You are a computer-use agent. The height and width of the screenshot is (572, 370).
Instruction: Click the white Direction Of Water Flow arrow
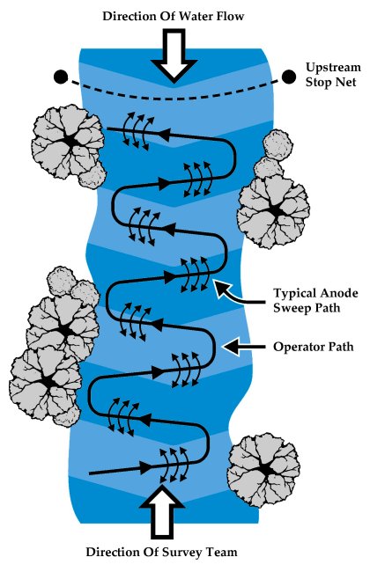(174, 55)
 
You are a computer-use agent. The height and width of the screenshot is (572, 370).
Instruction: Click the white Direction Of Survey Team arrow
(162, 510)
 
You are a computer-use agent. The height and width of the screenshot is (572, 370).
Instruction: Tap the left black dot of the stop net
(61, 77)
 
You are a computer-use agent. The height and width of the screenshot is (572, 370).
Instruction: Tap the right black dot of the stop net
(289, 77)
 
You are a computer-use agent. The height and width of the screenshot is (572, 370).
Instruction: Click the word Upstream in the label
(333, 68)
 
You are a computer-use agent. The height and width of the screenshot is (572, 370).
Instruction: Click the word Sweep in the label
(290, 308)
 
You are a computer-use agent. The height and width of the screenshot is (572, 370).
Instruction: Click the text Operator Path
(314, 347)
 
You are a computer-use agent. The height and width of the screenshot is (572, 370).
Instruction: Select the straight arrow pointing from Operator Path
(244, 347)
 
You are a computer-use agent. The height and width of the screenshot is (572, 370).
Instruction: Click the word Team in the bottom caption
(222, 552)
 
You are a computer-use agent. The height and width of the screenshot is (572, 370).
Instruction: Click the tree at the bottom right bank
(263, 470)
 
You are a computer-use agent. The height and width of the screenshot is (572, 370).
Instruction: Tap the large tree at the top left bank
(69, 143)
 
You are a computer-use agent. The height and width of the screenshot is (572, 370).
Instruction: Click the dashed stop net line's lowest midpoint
(174, 98)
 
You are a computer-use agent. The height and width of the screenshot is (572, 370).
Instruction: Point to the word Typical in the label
(293, 294)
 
